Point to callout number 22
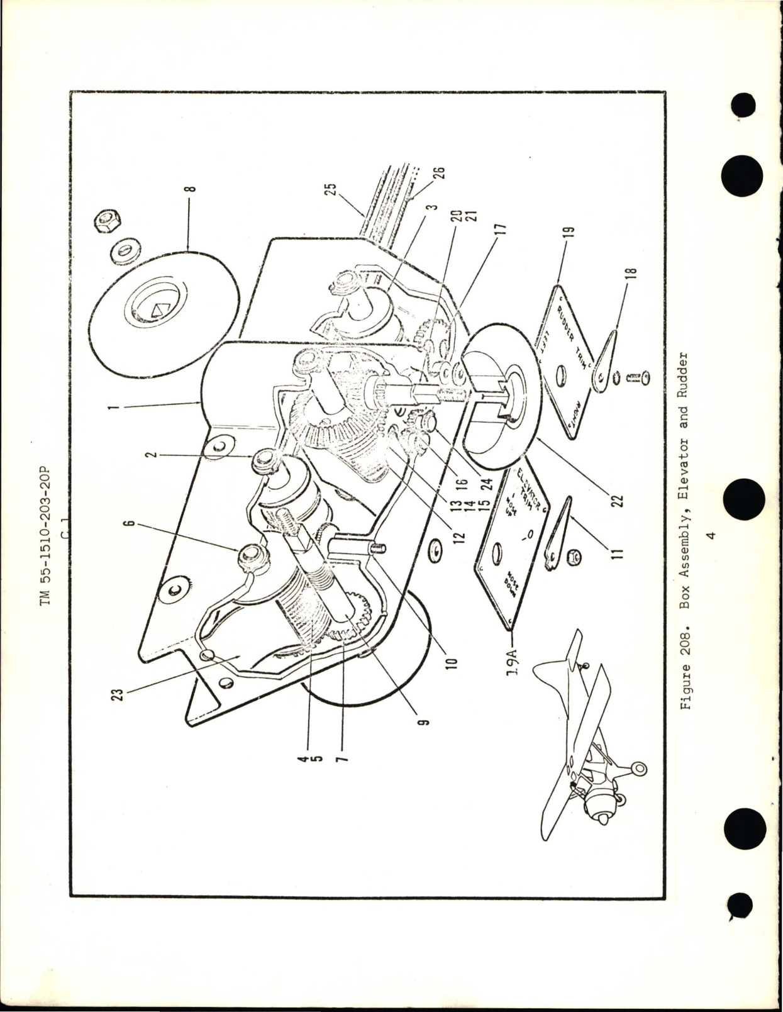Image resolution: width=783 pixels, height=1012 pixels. click(x=617, y=500)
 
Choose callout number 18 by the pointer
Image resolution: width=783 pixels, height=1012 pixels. click(x=632, y=272)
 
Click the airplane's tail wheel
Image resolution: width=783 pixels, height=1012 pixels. click(x=638, y=769)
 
